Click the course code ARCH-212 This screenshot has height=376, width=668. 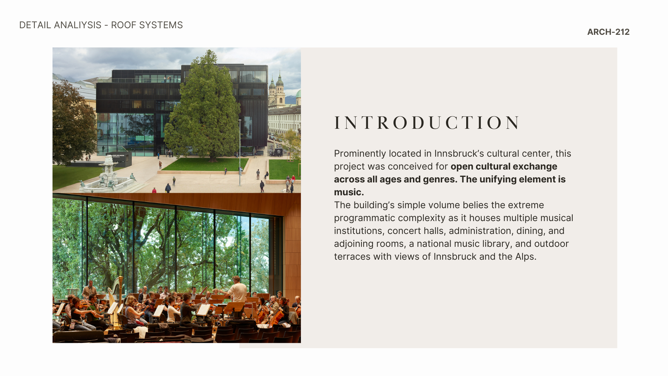(x=608, y=32)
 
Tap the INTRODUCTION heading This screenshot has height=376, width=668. (x=427, y=123)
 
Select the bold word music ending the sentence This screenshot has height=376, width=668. (x=349, y=192)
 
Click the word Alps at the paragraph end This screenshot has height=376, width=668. (x=526, y=257)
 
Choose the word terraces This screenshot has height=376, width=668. (x=352, y=257)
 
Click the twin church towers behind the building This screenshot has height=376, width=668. (x=276, y=91)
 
